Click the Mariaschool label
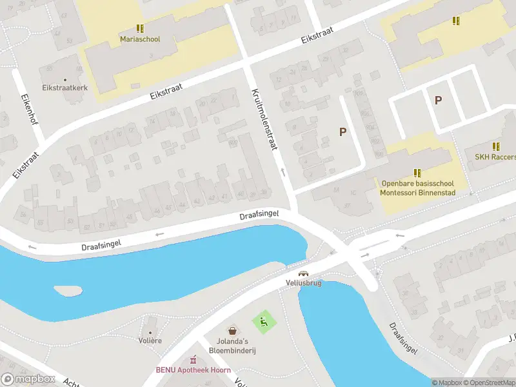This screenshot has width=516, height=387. pyautogui.click(x=140, y=39)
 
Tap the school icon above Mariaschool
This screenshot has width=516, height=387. pyautogui.click(x=140, y=28)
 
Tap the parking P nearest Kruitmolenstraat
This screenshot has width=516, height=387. pyautogui.click(x=343, y=132)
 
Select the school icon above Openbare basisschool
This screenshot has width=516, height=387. pyautogui.click(x=418, y=173)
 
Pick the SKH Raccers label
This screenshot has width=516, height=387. pyautogui.click(x=495, y=157)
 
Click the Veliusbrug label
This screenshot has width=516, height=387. pyautogui.click(x=300, y=283)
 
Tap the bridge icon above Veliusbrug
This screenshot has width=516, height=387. pyautogui.click(x=303, y=273)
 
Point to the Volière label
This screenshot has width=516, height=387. pyautogui.click(x=150, y=340)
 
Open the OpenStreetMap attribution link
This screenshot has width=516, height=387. pyautogui.click(x=490, y=382)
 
